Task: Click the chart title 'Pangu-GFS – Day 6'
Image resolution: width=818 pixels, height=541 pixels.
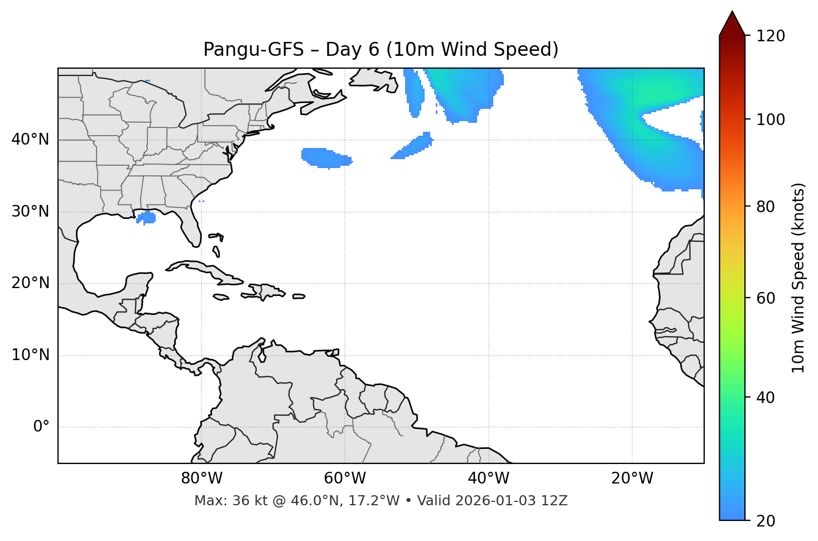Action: click(x=381, y=50)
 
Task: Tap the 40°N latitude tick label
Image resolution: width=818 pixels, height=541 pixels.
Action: click(x=30, y=140)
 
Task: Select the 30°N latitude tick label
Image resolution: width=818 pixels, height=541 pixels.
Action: click(x=30, y=212)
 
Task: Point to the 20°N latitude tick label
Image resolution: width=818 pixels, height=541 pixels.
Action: click(x=30, y=283)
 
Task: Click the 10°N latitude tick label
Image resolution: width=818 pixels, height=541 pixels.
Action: click(x=30, y=355)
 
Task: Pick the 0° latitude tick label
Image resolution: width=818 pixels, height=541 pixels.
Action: click(x=41, y=427)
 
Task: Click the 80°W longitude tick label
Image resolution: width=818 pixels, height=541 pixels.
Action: click(x=201, y=478)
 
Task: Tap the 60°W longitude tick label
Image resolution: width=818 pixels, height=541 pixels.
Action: click(x=345, y=478)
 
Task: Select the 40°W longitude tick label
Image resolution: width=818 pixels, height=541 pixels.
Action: click(x=488, y=478)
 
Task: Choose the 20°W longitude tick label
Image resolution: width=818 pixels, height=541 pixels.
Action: click(x=632, y=478)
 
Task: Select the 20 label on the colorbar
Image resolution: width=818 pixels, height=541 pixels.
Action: click(x=766, y=521)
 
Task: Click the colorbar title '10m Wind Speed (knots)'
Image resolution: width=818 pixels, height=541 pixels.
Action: click(x=798, y=277)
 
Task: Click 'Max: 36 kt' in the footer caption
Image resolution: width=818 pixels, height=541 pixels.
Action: click(x=221, y=501)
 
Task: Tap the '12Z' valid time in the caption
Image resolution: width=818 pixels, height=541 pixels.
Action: click(x=556, y=501)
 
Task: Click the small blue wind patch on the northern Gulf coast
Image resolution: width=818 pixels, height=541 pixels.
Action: click(x=147, y=217)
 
